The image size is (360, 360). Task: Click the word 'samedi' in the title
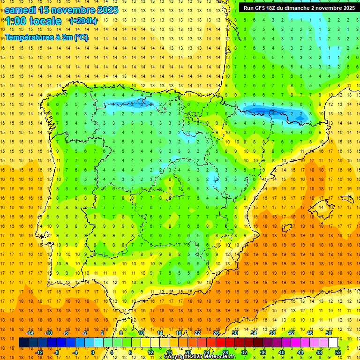[x=21, y=9]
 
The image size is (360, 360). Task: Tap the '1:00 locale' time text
[x=33, y=21]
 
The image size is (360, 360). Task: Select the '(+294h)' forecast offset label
[x=83, y=21]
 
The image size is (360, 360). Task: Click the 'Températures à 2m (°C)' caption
[x=46, y=37]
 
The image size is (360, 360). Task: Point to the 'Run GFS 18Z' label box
[x=299, y=7]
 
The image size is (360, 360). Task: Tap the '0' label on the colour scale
[x=92, y=352]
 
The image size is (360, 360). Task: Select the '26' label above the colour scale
[x=216, y=333]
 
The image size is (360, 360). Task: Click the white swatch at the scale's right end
[x=333, y=343]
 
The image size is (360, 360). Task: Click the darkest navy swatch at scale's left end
[x=23, y=343]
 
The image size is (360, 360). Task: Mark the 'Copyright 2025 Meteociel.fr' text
[x=200, y=357]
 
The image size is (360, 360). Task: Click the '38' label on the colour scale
[x=272, y=333]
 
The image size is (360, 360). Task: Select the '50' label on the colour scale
[x=329, y=333]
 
